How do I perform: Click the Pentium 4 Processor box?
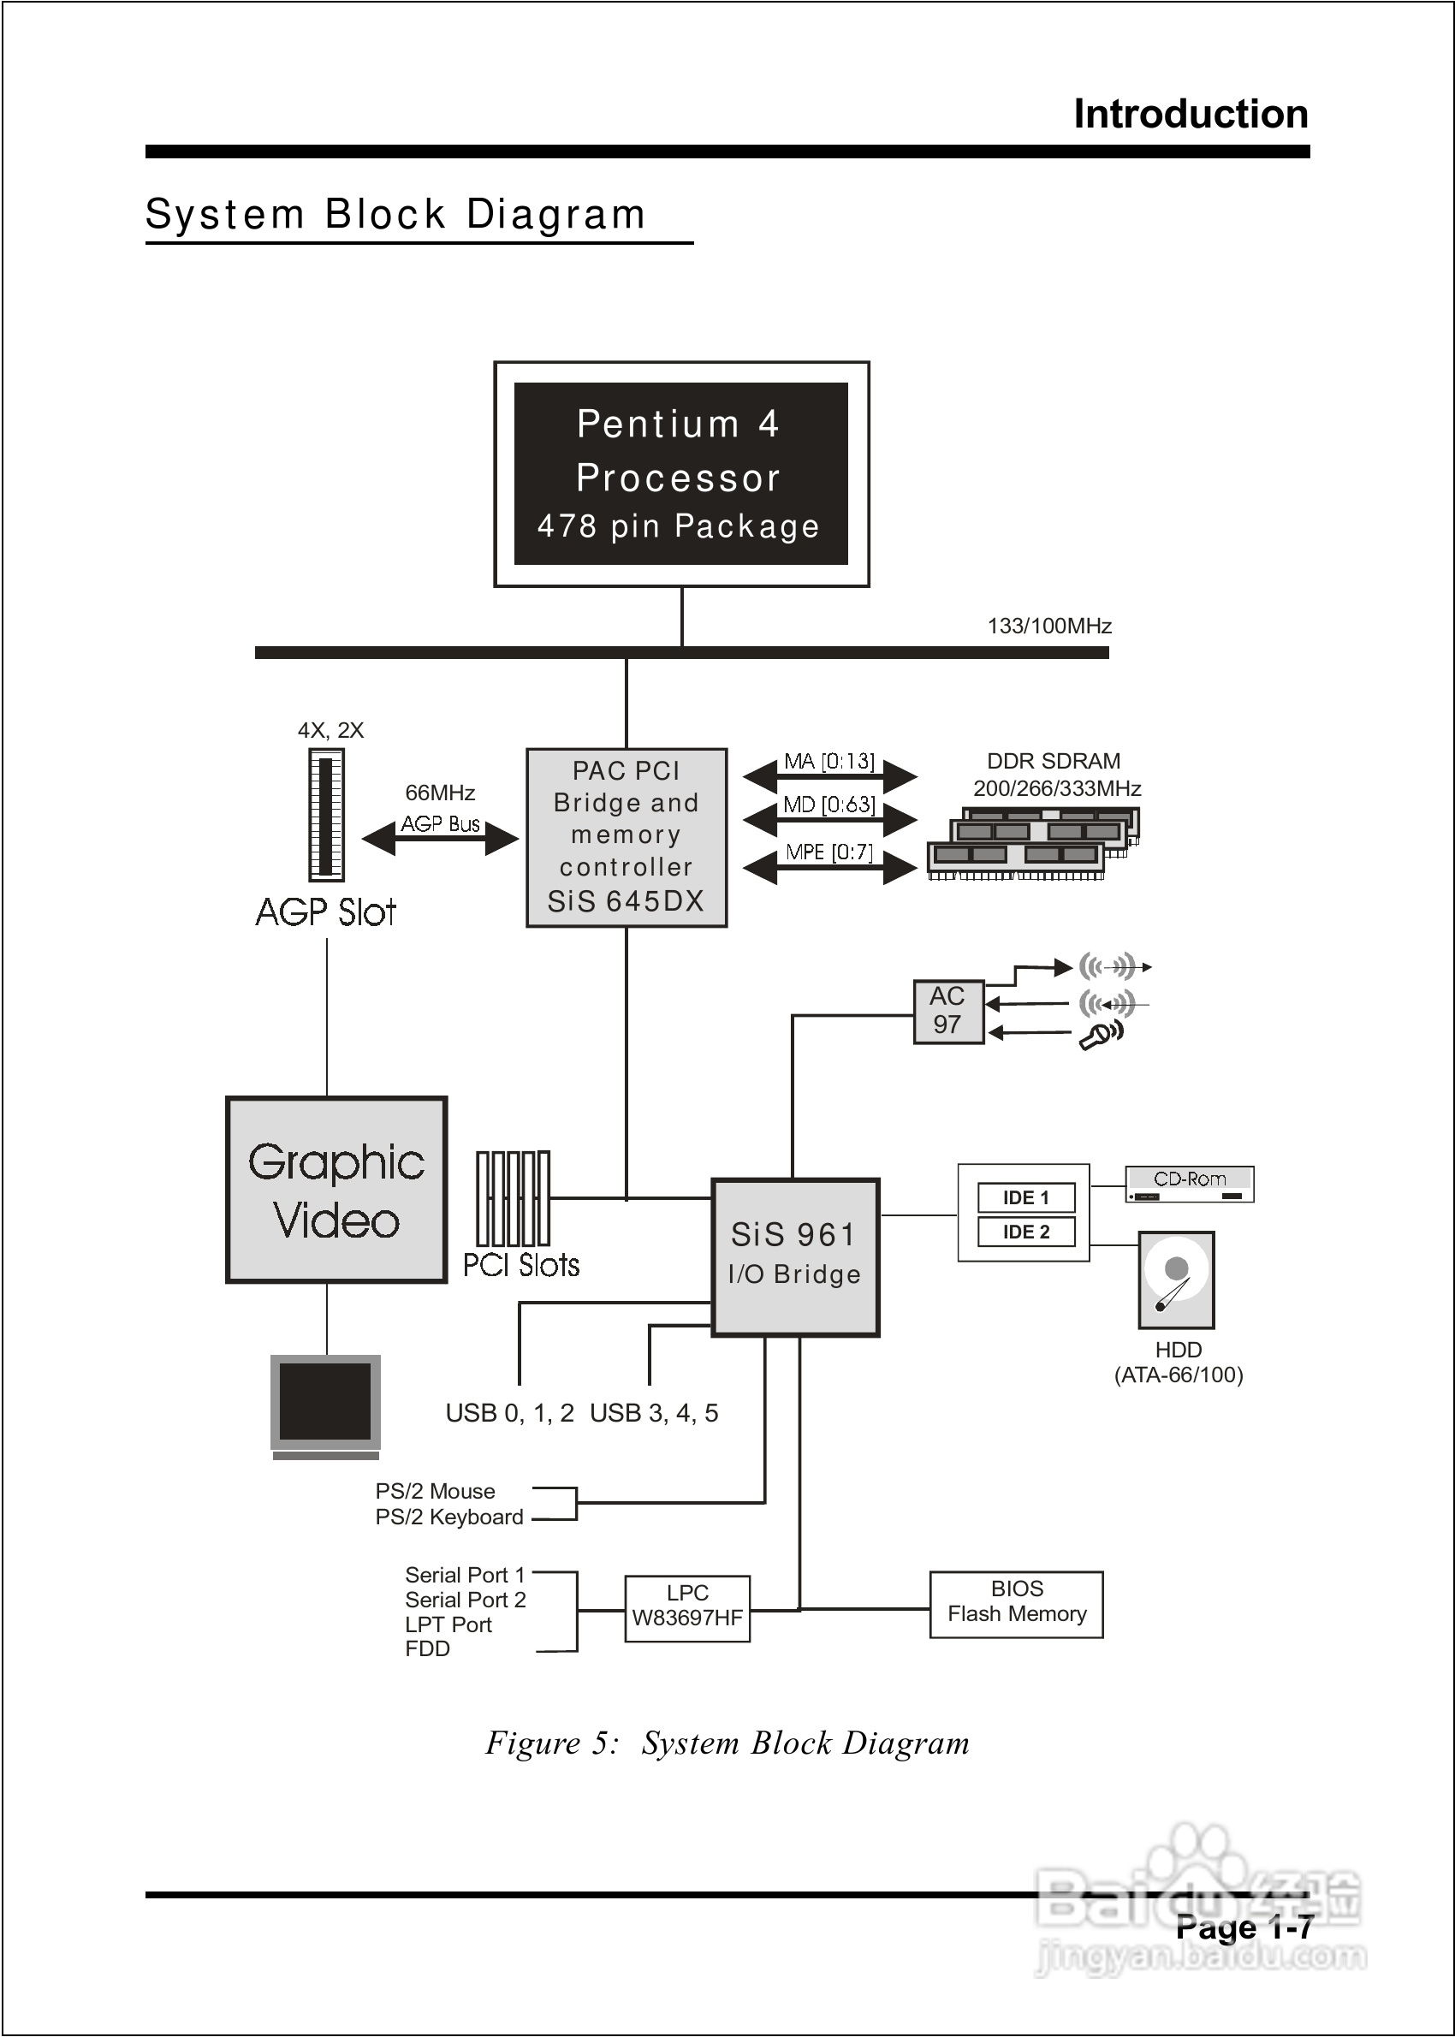(x=681, y=474)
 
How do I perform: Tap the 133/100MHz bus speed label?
(x=1049, y=627)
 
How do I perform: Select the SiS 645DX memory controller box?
(x=627, y=838)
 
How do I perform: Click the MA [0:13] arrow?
(x=829, y=774)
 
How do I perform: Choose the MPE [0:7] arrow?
(x=829, y=865)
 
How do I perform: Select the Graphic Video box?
(x=336, y=1190)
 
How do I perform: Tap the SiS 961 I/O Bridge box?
(x=795, y=1256)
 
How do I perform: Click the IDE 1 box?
(x=1026, y=1197)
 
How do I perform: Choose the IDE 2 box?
(x=1026, y=1232)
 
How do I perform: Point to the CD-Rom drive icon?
(x=1189, y=1184)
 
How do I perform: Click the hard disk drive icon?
(x=1176, y=1280)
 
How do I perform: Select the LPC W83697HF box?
(x=687, y=1609)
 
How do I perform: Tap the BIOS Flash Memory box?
(x=1016, y=1604)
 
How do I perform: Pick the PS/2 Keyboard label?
(x=448, y=1517)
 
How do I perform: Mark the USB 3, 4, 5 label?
(x=654, y=1414)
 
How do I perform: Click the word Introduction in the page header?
(x=1191, y=115)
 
